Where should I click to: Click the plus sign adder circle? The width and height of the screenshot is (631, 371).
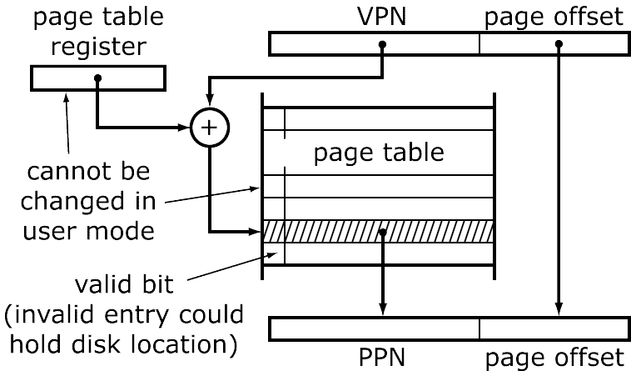point(208,128)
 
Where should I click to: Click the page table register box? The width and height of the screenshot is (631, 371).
point(98,78)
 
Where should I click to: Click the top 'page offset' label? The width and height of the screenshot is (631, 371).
point(553,17)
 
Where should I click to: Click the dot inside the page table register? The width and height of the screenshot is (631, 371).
point(98,78)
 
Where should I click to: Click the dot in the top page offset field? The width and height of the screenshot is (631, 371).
point(559,44)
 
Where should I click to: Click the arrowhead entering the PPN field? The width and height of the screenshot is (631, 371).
point(383,310)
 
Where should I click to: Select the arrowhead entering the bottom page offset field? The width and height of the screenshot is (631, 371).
point(559,310)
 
